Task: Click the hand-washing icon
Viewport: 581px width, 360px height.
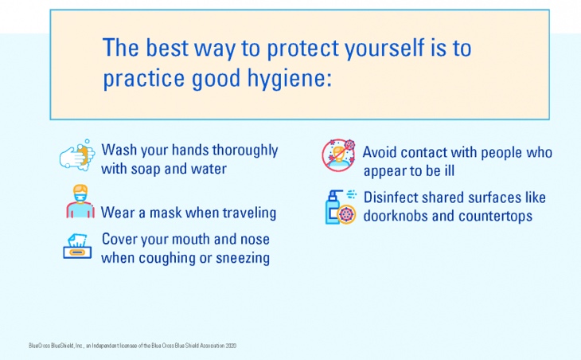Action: (x=76, y=155)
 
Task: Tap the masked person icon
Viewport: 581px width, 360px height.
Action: (x=80, y=202)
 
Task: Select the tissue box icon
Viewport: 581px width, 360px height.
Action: (x=77, y=246)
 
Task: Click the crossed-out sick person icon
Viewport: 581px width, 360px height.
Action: (x=338, y=155)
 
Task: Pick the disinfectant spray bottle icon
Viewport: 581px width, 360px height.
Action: (x=341, y=207)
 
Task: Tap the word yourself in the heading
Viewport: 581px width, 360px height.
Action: (x=384, y=49)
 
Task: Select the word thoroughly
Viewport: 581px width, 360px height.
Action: (x=245, y=151)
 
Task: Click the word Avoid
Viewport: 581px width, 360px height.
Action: (x=380, y=152)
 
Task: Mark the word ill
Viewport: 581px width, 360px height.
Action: (x=449, y=171)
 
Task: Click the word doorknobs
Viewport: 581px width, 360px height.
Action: (x=396, y=216)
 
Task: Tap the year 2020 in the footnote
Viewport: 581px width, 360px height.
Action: (x=231, y=346)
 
